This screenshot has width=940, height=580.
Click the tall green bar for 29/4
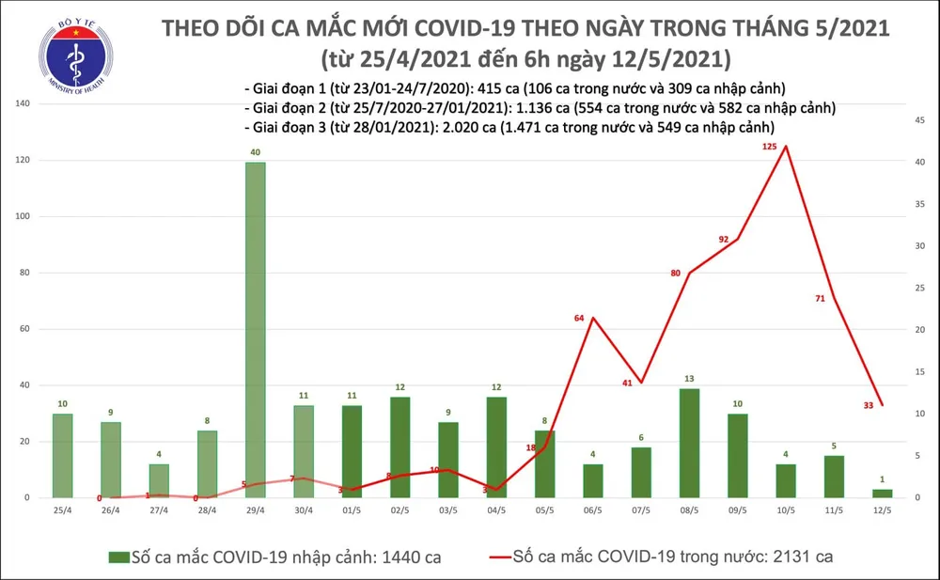[255, 329]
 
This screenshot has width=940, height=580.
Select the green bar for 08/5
[688, 443]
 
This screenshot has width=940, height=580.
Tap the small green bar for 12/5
[881, 493]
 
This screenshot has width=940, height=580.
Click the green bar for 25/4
[62, 455]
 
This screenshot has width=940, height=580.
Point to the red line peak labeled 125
[785, 146]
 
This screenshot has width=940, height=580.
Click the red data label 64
[580, 320]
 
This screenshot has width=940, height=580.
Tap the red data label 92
[724, 240]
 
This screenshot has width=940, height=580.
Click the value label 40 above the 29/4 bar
[255, 152]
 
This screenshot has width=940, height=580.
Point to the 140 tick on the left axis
[18, 103]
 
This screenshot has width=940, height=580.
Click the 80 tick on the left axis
[21, 273]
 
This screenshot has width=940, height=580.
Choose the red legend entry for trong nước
[658, 557]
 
